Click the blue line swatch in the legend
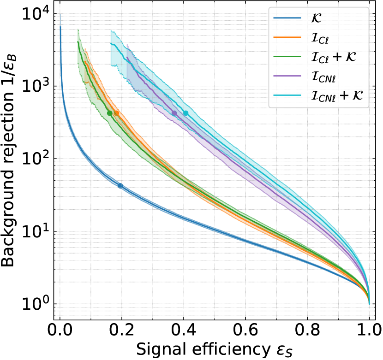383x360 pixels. [x=287, y=18]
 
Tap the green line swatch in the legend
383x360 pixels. [x=287, y=57]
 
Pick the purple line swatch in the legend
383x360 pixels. [x=287, y=77]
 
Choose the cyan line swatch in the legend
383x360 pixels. [x=287, y=96]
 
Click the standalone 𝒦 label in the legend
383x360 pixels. [x=317, y=18]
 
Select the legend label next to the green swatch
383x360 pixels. [x=333, y=57]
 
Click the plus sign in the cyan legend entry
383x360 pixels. [x=344, y=96]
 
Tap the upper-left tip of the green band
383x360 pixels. [x=78, y=30]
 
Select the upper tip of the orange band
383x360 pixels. [x=85, y=49]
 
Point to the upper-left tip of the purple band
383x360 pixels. [x=127, y=44]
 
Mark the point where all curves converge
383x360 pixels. [x=369, y=302]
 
